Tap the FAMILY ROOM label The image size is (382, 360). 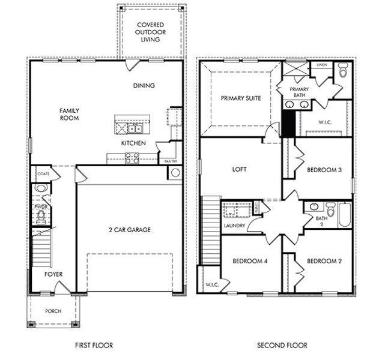pos(69,114)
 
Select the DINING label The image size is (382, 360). pos(144,86)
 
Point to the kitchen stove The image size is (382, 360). pos(132,158)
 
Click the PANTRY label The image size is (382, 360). pos(170,161)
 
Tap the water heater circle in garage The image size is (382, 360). pos(175,173)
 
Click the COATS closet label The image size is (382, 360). pos(43,174)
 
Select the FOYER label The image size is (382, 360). pos(53,274)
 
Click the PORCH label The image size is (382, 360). pos(53,311)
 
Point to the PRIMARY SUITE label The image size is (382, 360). pos(240,98)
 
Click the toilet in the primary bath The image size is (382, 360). pos(343,73)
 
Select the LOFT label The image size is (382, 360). pos(240,170)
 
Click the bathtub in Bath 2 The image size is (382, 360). pos(345,215)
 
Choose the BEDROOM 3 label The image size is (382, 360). pos(324,170)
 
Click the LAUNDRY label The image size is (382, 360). pos(234,226)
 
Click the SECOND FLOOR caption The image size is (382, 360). pos(282,345)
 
